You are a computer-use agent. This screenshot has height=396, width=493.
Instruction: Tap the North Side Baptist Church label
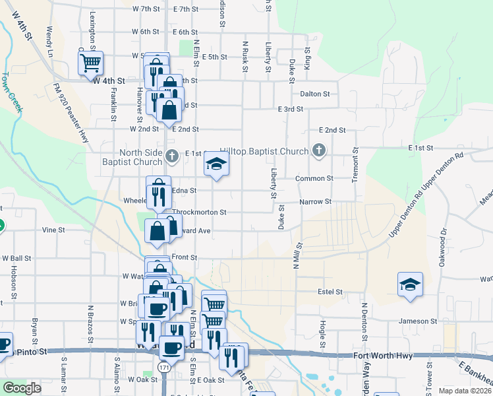132,156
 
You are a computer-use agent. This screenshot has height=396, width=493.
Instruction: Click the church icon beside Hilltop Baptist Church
319,151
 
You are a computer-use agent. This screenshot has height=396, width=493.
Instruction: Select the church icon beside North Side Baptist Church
171,156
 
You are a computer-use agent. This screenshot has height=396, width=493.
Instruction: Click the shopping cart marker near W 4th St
90,63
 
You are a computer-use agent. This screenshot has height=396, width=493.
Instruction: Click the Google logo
22,388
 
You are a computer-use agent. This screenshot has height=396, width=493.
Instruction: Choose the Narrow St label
314,202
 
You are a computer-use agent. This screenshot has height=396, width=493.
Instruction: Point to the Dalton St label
314,94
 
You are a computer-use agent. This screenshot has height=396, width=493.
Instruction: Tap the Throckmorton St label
199,213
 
